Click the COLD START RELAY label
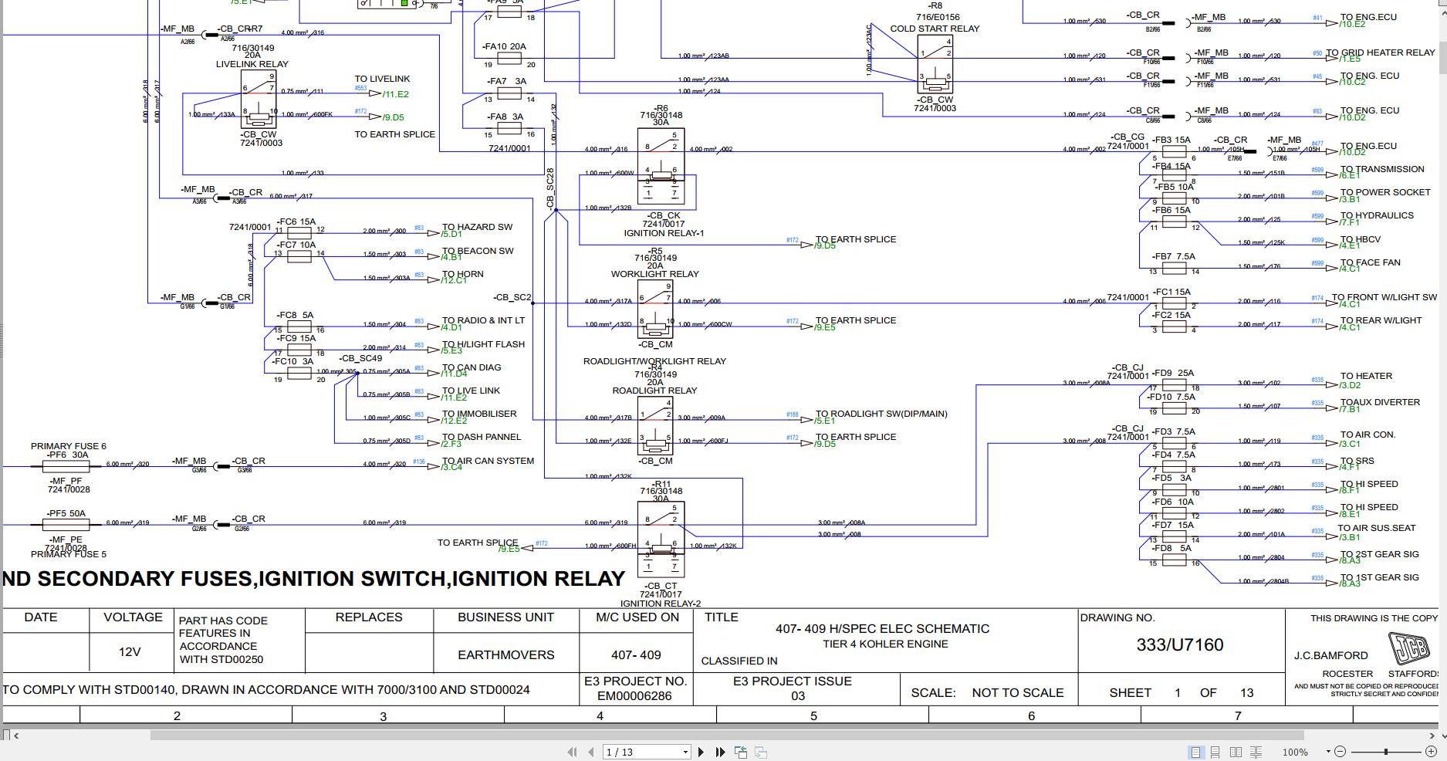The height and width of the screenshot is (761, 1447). [x=935, y=29]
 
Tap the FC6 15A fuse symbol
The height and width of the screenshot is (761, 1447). [x=299, y=232]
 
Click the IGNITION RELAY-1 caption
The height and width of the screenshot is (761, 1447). [x=664, y=233]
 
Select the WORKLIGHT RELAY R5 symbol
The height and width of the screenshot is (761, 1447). [x=655, y=309]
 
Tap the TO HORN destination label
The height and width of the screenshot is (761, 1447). [x=462, y=274]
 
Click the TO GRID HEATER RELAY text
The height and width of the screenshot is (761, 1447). [x=1386, y=52]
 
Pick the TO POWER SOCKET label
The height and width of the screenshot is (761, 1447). [x=1385, y=192]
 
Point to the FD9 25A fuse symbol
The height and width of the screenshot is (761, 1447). [x=1174, y=384]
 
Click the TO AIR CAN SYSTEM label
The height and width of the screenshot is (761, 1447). [x=488, y=461]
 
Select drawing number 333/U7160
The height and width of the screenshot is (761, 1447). [x=1179, y=645]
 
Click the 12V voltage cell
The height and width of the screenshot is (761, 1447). [x=130, y=652]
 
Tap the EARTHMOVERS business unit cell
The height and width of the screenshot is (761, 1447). [x=505, y=654]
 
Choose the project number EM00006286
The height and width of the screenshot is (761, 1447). [x=634, y=696]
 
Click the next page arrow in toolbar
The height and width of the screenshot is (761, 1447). [x=701, y=752]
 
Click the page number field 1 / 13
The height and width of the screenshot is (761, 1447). [x=646, y=752]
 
